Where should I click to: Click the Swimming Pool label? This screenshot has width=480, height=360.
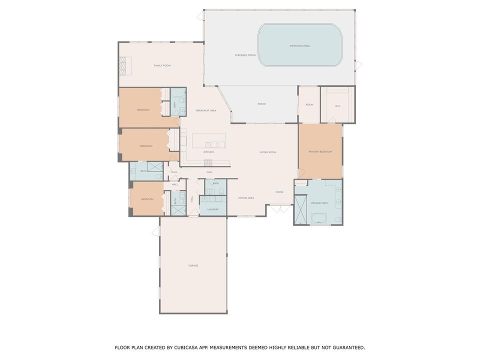(299, 46)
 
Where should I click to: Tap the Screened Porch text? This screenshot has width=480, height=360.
(245, 55)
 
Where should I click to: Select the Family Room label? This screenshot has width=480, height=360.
(162, 65)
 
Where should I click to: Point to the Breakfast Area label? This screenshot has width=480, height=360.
(206, 110)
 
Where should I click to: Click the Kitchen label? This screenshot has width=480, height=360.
(208, 152)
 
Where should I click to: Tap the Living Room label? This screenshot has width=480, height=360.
(267, 152)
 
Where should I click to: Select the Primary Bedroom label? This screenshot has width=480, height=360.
(320, 151)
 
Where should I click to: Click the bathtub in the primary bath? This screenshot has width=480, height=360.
(318, 218)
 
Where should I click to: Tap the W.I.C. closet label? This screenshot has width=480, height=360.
(338, 105)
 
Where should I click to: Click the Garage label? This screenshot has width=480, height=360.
(193, 265)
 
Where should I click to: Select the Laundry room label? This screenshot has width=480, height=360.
(213, 209)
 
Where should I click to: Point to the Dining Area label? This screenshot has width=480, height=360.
(246, 198)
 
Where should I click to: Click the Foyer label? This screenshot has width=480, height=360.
(279, 192)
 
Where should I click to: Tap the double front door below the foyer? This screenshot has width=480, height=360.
(279, 208)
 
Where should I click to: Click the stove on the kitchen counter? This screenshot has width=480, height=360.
(208, 163)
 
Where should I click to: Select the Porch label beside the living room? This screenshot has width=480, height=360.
(261, 104)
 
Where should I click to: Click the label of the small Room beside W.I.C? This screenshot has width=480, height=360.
(309, 104)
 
